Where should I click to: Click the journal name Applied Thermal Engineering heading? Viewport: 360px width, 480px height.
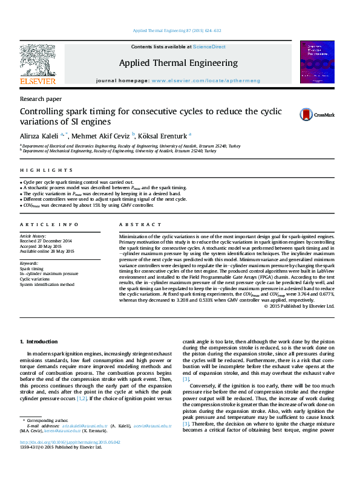[x=178, y=63]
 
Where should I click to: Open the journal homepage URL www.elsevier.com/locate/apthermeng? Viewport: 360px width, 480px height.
[x=206, y=80]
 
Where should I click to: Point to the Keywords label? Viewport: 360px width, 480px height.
[x=30, y=264]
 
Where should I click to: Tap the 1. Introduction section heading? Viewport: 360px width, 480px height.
[x=39, y=342]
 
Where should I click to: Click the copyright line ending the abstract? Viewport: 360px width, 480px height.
[x=299, y=306]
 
